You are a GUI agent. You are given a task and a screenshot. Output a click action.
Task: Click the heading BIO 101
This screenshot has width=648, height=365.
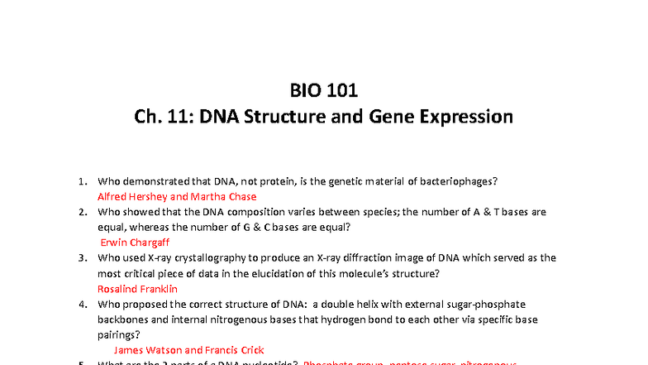point(323,90)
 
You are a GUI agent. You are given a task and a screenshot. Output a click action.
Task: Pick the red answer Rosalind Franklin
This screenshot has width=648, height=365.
point(137,289)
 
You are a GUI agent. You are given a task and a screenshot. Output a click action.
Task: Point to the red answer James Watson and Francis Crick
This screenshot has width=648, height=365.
point(188,350)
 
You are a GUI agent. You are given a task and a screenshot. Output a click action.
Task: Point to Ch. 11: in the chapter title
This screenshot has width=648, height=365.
point(161,117)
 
